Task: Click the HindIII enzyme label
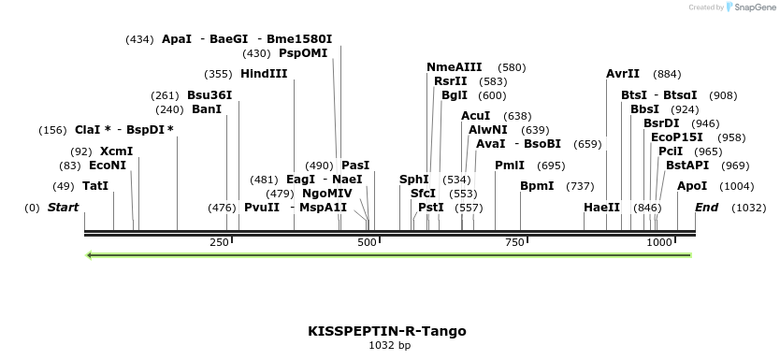coord(264,74)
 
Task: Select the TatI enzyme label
coord(95,186)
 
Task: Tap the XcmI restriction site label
coord(116,151)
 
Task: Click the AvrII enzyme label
coord(623,74)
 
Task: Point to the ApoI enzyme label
coord(692,186)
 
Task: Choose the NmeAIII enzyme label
coord(455,67)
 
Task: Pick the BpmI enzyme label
coord(538,186)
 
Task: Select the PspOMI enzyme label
coord(311,53)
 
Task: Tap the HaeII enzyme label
coord(601,208)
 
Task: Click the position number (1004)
coord(737,186)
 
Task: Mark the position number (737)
coord(581,186)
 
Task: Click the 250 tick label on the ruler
coord(219,242)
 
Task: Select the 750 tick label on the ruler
coord(513,242)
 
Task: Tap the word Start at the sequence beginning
coord(64,208)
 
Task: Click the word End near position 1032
coord(706,208)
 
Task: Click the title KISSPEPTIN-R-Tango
coord(387,331)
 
